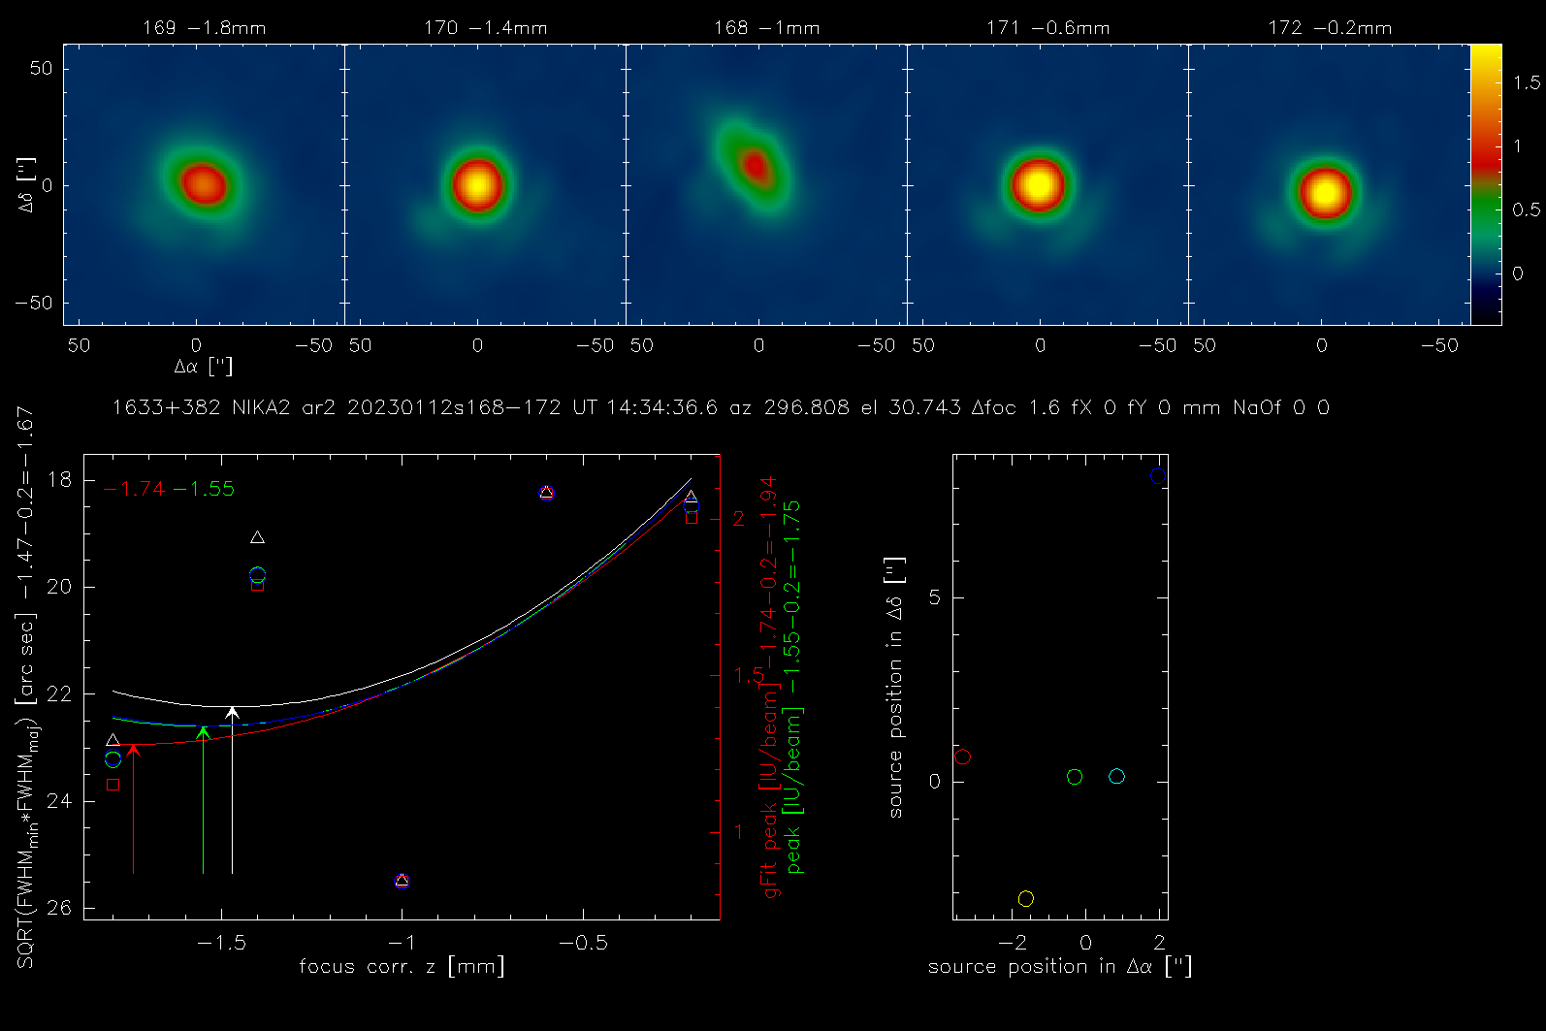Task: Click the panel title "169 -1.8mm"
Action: (204, 28)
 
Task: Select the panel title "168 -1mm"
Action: (766, 28)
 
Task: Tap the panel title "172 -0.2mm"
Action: (1329, 28)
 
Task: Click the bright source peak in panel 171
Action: (1038, 184)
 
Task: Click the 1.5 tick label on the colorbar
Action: (1527, 83)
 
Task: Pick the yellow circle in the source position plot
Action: (1025, 899)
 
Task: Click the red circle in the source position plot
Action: (962, 757)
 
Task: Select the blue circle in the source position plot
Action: (1157, 476)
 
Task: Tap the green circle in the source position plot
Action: (1074, 777)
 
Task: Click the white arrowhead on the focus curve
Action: (232, 714)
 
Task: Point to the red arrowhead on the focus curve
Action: (133, 749)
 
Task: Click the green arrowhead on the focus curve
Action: (203, 731)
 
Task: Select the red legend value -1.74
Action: (134, 489)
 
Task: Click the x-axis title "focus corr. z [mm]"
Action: (402, 966)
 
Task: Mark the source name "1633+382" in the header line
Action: (167, 408)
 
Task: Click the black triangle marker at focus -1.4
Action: (257, 537)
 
